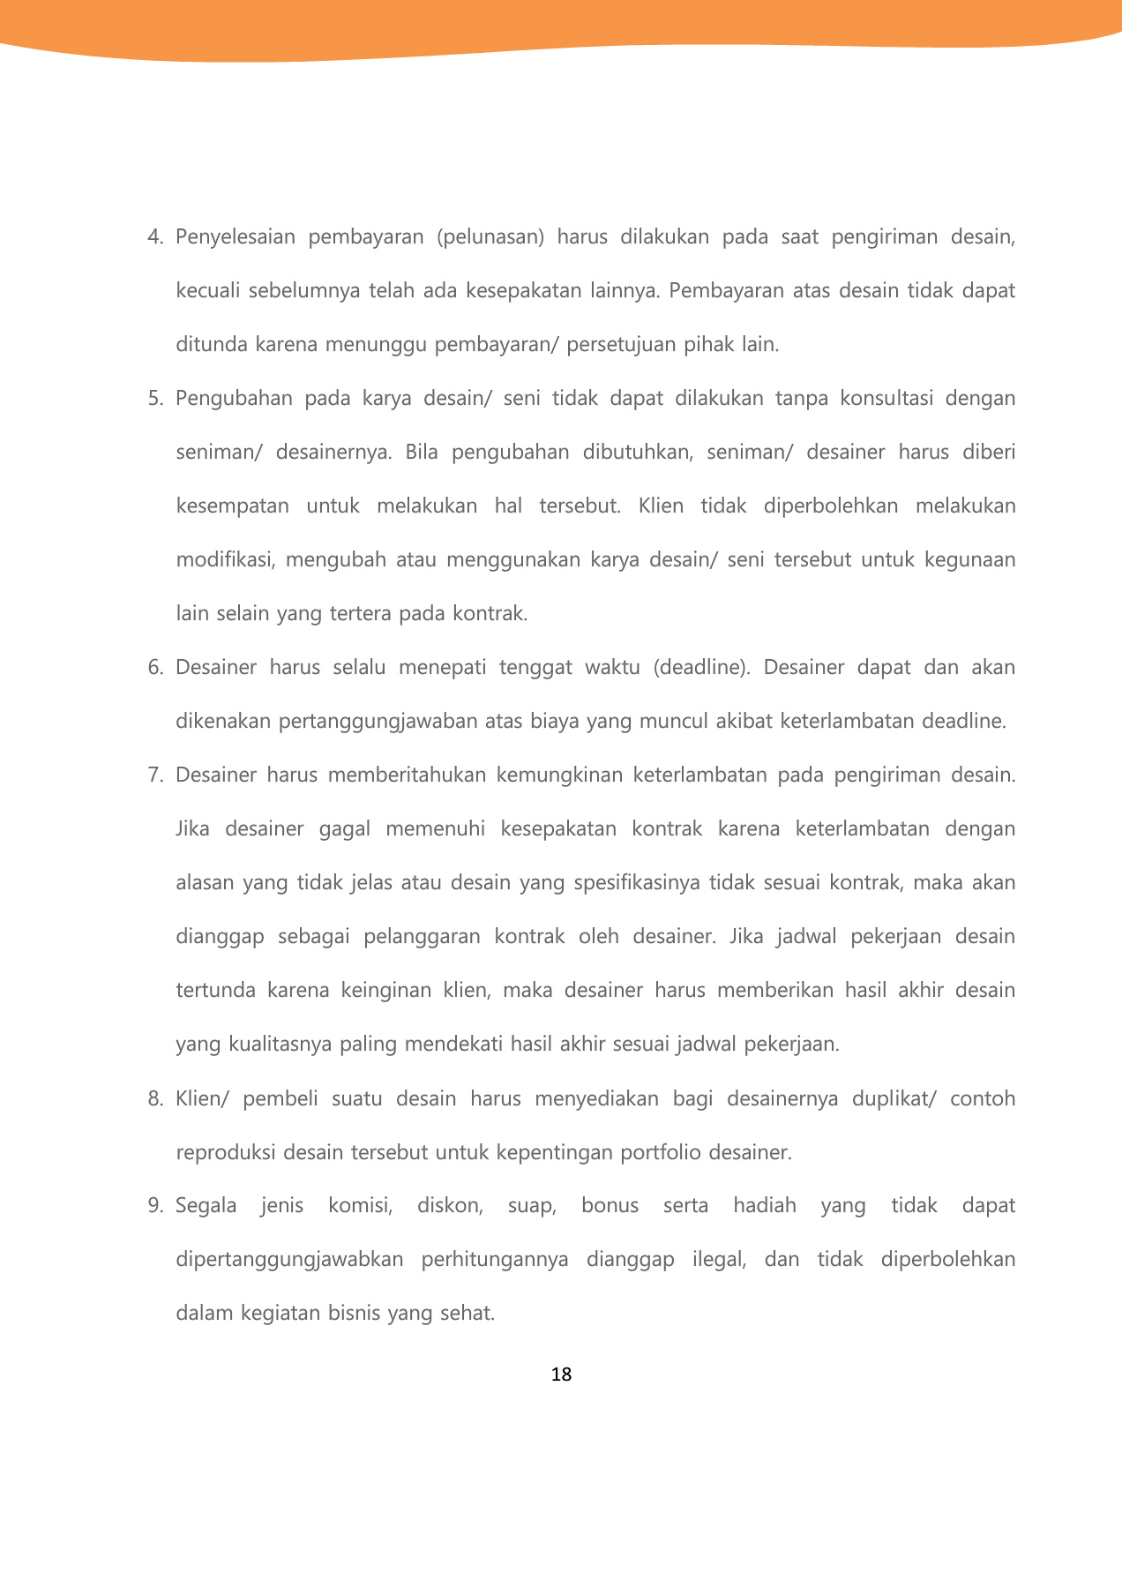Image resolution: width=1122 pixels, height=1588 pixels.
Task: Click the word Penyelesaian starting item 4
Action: tap(236, 237)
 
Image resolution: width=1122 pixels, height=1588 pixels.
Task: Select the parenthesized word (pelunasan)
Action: tap(490, 237)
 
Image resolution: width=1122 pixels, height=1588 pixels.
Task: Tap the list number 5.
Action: tap(155, 399)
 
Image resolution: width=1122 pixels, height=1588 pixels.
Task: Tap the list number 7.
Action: tap(155, 775)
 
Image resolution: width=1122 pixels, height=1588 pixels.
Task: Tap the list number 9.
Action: tap(155, 1206)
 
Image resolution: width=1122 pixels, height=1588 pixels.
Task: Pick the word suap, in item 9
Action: tap(532, 1206)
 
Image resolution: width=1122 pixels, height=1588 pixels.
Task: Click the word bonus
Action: tap(610, 1206)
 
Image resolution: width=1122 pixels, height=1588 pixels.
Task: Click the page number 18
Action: tap(561, 1375)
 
